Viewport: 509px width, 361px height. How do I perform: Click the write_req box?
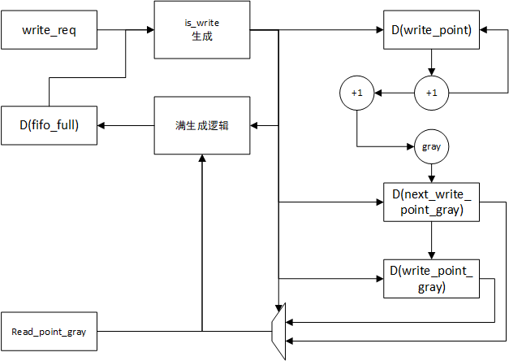(49, 30)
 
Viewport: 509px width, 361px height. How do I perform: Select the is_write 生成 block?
(202, 30)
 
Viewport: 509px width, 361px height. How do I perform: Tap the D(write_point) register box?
(431, 30)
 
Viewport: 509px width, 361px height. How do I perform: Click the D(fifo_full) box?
(49, 125)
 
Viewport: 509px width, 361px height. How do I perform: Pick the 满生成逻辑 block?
(202, 125)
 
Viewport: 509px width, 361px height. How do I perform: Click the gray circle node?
(431, 146)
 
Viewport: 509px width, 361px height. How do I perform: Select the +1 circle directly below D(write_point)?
(431, 93)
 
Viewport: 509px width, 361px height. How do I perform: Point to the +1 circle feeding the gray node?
(356, 93)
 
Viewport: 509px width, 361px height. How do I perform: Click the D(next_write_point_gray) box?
(431, 202)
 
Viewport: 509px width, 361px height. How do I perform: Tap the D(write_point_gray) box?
(431, 279)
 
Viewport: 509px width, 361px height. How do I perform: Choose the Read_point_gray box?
(49, 332)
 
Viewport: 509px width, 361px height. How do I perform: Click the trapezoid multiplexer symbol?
(278, 332)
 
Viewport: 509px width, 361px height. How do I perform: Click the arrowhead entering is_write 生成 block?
(150, 30)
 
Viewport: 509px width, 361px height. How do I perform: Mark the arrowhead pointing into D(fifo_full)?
(101, 125)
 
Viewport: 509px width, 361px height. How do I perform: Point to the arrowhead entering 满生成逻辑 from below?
(202, 159)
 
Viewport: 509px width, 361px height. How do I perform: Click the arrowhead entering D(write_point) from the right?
(483, 30)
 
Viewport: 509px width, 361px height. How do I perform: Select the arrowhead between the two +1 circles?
(377, 93)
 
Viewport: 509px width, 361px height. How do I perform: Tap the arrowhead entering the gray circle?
(411, 146)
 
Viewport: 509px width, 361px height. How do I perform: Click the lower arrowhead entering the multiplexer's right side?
(290, 341)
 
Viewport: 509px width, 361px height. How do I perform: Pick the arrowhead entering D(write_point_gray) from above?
(431, 255)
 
